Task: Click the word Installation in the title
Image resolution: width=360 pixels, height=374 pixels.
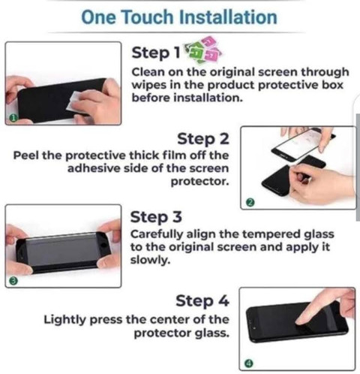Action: coord(229,17)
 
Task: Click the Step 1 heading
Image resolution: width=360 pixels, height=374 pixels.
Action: coord(156,53)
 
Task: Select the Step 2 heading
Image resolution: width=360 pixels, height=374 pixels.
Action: coord(203,139)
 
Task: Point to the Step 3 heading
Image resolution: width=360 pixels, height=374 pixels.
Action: coord(156,217)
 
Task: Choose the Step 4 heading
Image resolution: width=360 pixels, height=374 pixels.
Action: coord(202,301)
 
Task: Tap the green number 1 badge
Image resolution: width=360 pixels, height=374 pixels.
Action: coord(13,118)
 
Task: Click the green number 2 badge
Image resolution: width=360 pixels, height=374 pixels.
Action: coord(250,202)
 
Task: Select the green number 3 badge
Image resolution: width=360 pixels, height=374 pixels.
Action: coord(14,281)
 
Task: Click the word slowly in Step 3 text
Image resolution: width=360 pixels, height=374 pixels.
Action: coord(150,261)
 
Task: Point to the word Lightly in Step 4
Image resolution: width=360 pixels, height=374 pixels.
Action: coord(64,320)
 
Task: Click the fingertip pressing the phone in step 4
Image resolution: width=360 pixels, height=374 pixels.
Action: coord(301,321)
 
